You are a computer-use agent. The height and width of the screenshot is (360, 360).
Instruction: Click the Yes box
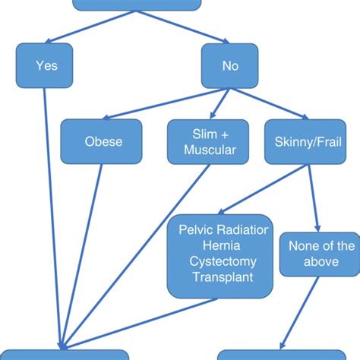click(46, 65)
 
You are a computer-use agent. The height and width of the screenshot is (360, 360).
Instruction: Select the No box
click(229, 65)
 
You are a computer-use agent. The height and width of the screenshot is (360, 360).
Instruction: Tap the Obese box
click(101, 141)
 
